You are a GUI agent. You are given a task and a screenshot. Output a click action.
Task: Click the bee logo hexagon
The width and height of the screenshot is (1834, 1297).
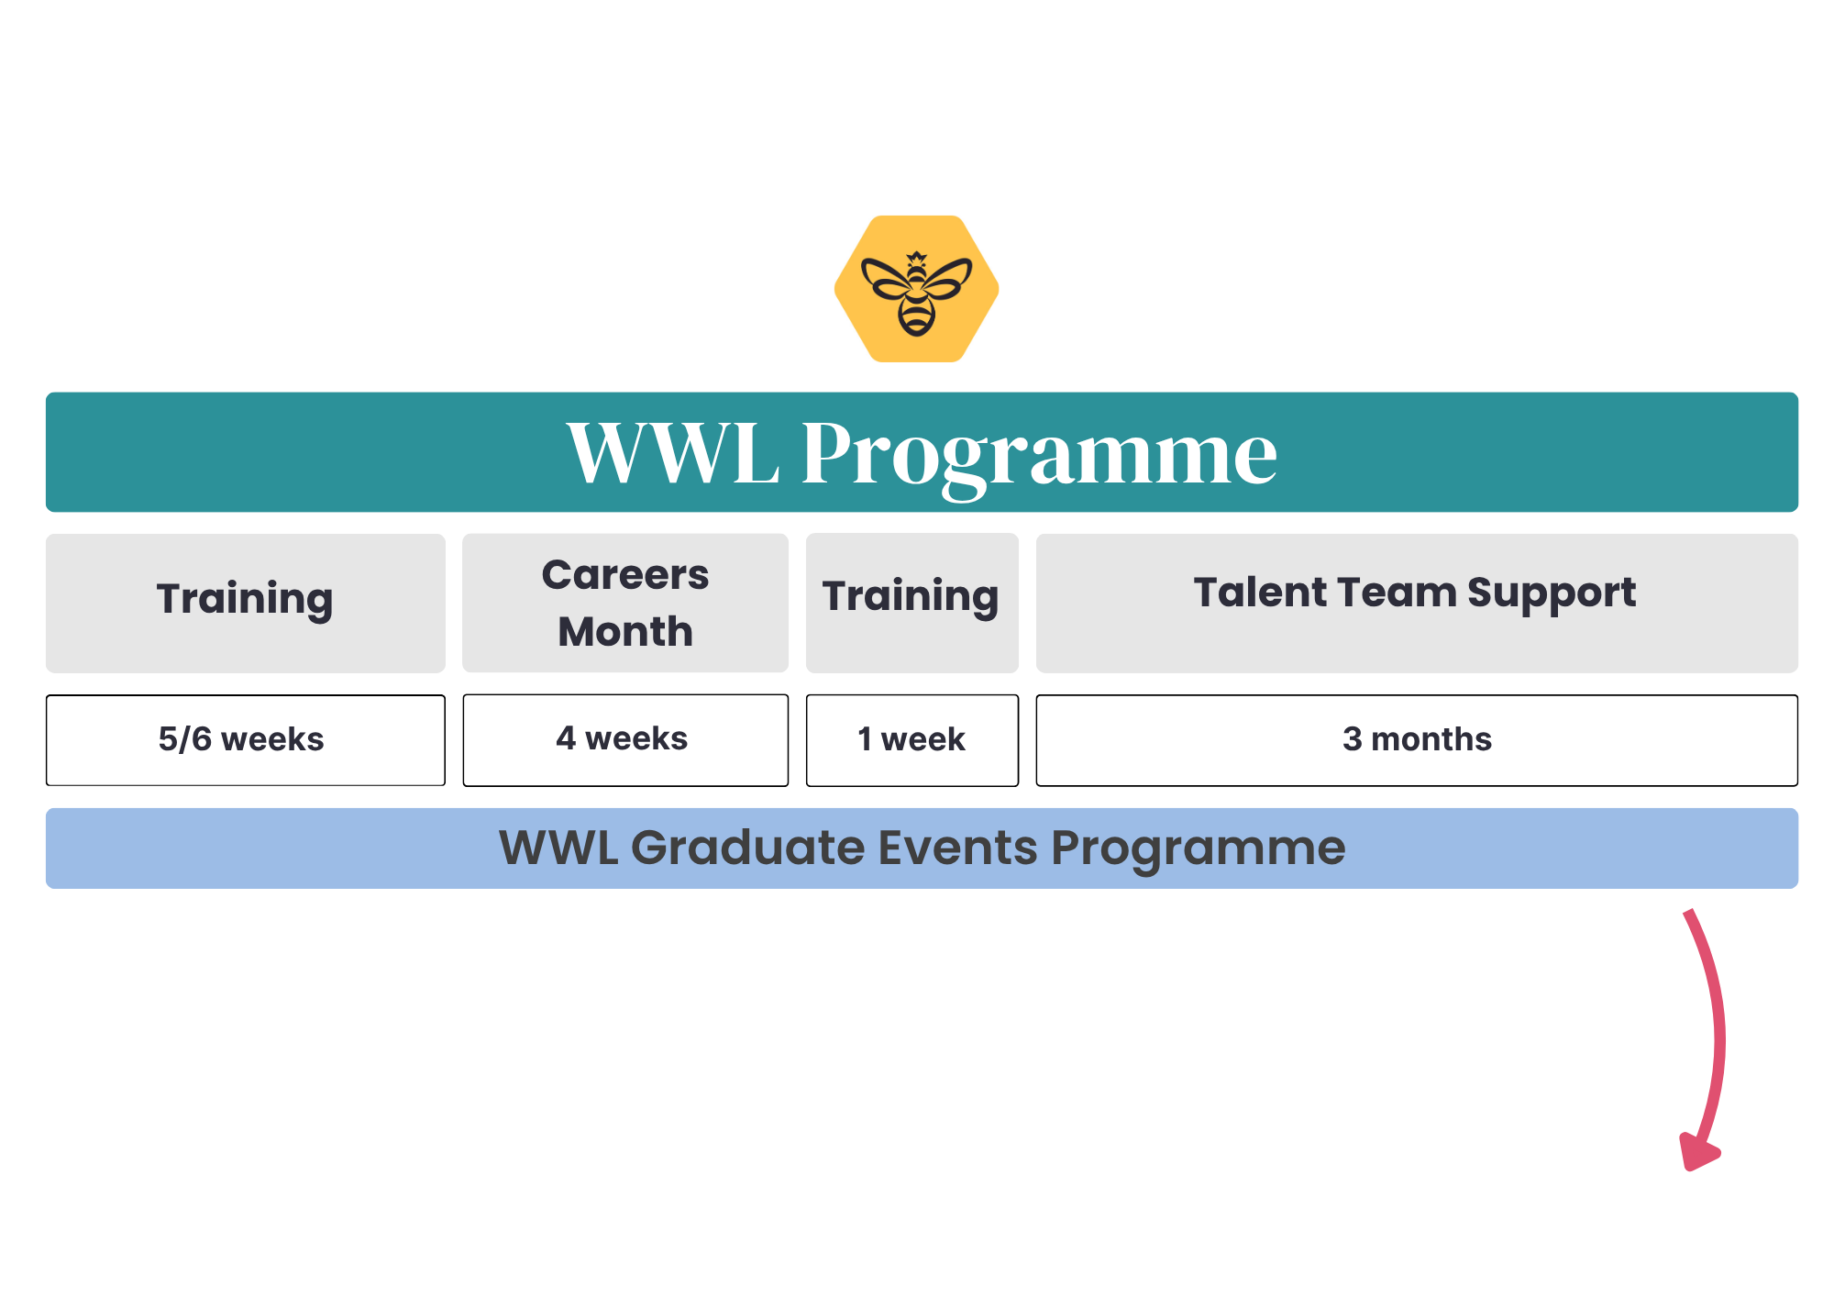click(x=916, y=289)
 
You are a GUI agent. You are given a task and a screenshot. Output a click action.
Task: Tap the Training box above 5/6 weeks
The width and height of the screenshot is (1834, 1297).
click(x=246, y=604)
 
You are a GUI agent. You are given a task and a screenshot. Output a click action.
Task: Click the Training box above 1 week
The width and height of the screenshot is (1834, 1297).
click(x=912, y=603)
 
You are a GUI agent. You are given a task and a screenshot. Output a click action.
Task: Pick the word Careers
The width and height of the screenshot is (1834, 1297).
click(x=625, y=575)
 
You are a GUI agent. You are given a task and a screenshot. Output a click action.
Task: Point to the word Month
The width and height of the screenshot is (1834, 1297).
click(x=625, y=631)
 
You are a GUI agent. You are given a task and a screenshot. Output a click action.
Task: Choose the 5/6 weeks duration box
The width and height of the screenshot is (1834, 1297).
click(x=246, y=740)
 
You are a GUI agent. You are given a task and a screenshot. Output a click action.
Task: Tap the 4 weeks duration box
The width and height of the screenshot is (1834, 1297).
click(x=625, y=740)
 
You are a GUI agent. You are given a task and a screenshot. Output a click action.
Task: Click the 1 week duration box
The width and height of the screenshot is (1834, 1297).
click(x=912, y=740)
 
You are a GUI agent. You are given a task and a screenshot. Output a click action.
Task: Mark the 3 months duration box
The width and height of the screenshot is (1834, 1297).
click(x=1417, y=740)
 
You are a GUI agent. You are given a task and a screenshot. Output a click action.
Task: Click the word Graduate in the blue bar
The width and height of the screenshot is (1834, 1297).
click(x=747, y=848)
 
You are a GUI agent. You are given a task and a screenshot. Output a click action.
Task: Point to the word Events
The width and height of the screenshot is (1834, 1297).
click(x=958, y=848)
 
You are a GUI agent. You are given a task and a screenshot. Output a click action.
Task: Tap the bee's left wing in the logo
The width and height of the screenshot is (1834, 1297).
click(x=885, y=278)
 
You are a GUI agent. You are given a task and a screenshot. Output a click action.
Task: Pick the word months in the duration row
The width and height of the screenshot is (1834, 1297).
click(x=1431, y=739)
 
